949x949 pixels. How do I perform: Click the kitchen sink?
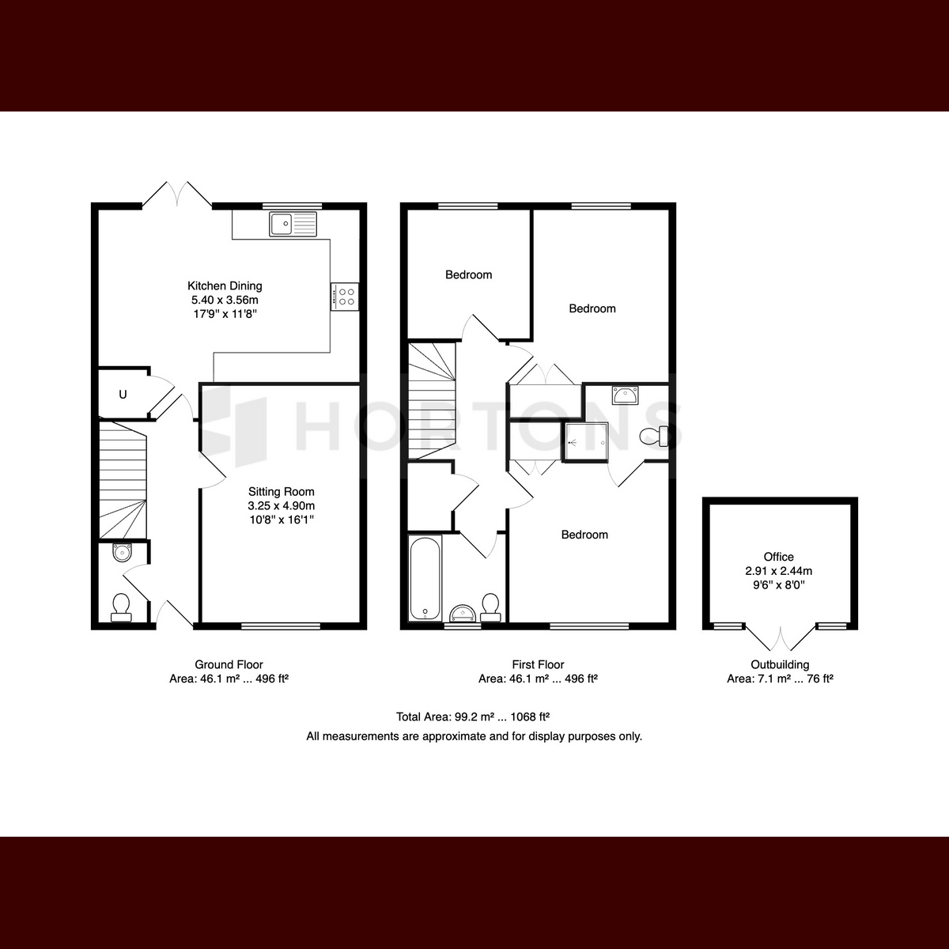tap(293, 224)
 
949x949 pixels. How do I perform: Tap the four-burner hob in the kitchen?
tap(345, 297)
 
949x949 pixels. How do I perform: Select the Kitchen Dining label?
tap(225, 285)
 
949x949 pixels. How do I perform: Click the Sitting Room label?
tap(282, 491)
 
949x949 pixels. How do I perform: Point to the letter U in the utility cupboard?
tap(123, 394)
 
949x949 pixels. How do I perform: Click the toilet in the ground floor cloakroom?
tap(121, 607)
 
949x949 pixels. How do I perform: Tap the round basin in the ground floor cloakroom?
tap(122, 552)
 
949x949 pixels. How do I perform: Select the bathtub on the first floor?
tap(425, 578)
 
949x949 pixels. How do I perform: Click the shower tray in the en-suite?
tap(587, 442)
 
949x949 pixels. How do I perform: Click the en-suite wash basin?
tap(625, 395)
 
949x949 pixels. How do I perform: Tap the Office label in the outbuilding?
tap(779, 557)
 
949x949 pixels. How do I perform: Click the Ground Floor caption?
tap(229, 664)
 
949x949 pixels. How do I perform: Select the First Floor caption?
tap(538, 664)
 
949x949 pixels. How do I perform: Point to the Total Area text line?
tap(473, 716)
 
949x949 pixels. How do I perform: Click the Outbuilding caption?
tap(780, 664)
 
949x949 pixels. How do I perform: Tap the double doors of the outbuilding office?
tap(780, 638)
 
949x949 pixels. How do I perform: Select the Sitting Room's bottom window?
tap(281, 626)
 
